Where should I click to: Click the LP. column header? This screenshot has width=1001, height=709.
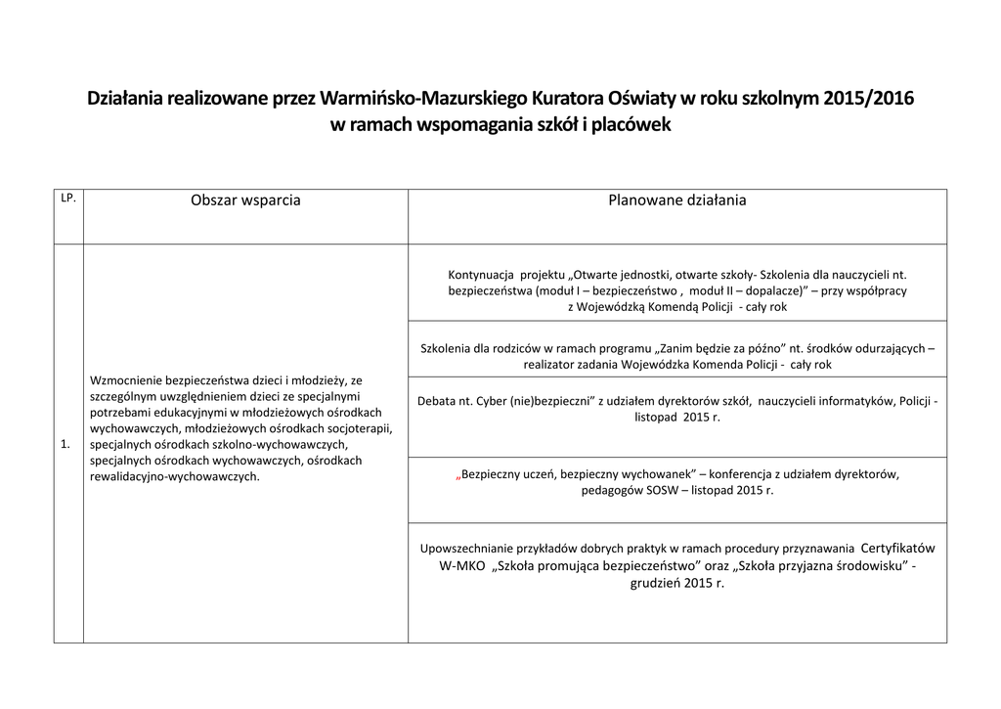click(68, 199)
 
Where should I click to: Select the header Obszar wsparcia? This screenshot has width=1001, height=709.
click(245, 200)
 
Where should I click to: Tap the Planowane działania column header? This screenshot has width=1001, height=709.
click(676, 200)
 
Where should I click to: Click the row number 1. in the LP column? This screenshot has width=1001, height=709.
click(65, 444)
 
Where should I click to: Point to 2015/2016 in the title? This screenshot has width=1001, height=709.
click(870, 99)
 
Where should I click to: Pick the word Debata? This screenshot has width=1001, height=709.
click(436, 401)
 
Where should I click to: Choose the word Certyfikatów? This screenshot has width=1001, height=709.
click(897, 548)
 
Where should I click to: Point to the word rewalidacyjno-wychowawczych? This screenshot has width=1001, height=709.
click(173, 476)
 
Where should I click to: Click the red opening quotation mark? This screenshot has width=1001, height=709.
click(458, 474)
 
